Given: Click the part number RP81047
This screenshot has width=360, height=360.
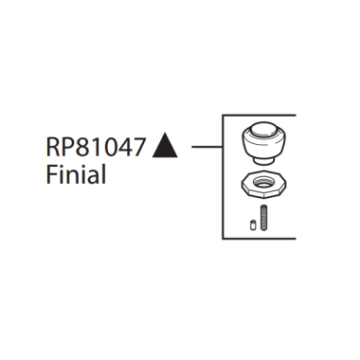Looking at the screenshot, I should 95,148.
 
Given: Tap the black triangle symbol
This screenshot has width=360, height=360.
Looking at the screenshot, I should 166,147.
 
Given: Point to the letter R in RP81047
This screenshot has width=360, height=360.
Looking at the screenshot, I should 51,148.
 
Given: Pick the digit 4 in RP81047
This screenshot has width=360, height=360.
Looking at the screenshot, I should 121,148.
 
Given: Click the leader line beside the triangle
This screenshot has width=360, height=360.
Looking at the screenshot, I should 206,147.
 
